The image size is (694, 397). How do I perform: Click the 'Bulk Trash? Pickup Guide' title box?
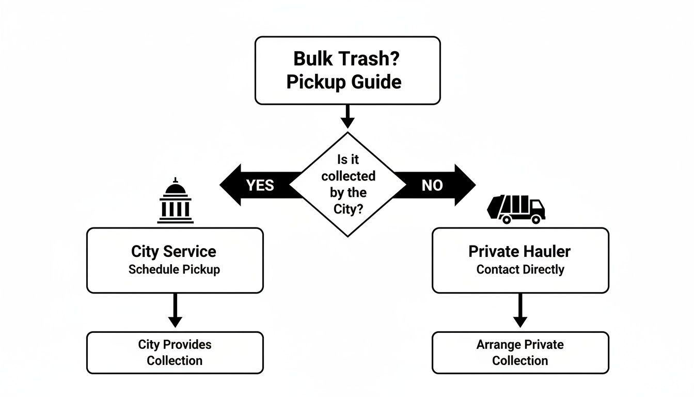[347, 70]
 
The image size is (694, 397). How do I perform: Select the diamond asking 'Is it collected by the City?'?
[348, 184]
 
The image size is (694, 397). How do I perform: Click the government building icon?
[175, 201]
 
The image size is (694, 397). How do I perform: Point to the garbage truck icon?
[516, 209]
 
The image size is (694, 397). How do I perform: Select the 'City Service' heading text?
[174, 252]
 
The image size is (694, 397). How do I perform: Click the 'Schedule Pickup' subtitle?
[174, 269]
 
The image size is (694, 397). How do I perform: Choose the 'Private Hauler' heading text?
[519, 252]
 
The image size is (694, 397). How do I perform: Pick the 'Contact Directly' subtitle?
[520, 269]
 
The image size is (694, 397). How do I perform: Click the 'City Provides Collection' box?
[175, 353]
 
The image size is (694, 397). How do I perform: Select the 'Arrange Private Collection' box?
[520, 353]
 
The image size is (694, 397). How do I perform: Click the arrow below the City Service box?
[175, 311]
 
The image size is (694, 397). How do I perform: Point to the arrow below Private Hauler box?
[520, 311]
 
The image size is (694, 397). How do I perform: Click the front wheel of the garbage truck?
[536, 219]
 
